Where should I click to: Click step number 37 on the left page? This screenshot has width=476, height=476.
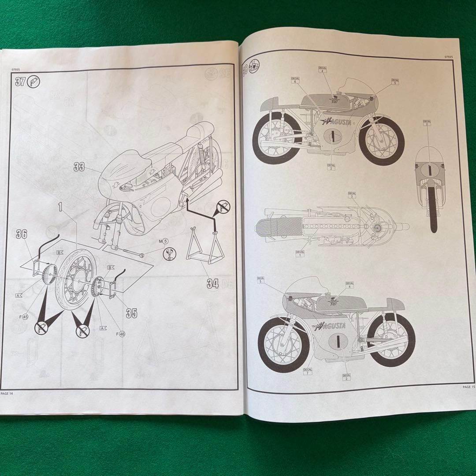[x=20, y=82]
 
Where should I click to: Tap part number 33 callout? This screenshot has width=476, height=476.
[x=79, y=167]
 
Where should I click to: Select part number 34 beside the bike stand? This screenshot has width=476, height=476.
[x=213, y=283]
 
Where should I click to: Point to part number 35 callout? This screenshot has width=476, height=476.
[x=131, y=313]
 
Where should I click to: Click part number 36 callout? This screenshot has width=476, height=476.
[x=22, y=234]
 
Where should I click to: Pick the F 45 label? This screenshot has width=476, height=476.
[x=23, y=316]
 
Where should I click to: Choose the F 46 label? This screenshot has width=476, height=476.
[x=120, y=334]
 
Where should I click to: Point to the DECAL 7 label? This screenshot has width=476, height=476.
[x=308, y=371]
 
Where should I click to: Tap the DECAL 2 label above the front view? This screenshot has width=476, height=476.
[x=427, y=123]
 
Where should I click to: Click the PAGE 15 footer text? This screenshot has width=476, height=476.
[x=468, y=387]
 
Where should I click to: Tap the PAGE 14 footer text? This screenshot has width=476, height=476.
[x=7, y=394]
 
